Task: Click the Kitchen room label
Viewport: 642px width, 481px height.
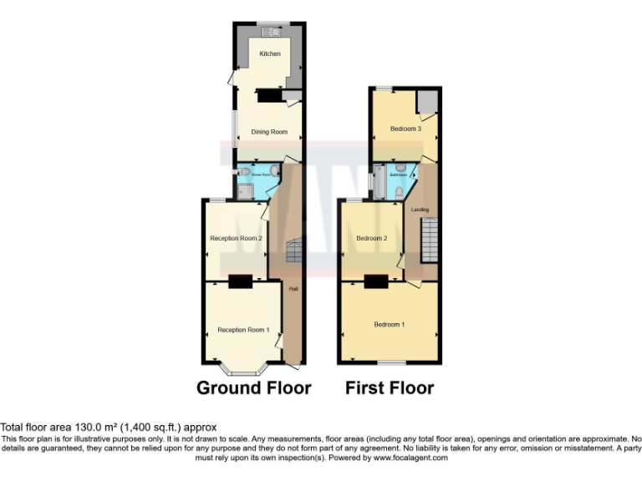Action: [x=269, y=54]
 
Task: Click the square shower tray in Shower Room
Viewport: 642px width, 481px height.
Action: [x=243, y=192]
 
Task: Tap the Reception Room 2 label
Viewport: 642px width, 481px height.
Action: [x=237, y=239]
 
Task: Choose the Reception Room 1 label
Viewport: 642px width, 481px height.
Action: [x=243, y=330]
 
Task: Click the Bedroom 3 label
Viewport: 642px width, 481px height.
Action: [x=405, y=129]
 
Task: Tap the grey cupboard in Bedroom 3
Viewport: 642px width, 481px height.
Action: [x=427, y=102]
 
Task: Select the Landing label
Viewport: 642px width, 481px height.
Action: [x=420, y=209]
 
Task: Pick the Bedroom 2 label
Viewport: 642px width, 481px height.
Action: [x=371, y=238]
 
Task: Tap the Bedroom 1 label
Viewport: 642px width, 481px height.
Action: [x=389, y=324]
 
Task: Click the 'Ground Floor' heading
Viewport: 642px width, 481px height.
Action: [x=254, y=388]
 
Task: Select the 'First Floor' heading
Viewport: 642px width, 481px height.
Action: [x=390, y=388]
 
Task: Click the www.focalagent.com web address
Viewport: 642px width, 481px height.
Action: [x=410, y=458]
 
